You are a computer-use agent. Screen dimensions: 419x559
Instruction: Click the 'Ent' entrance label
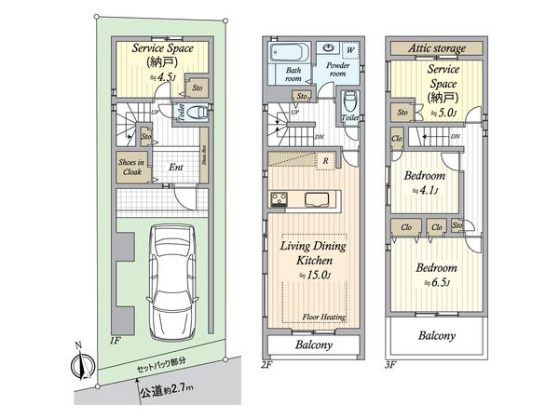tap(174, 169)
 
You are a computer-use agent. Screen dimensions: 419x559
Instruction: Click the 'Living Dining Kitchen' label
tap(315, 257)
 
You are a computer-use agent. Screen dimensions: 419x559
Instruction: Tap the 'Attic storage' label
tap(436, 47)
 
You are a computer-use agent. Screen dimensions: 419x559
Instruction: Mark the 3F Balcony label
tap(436, 334)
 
